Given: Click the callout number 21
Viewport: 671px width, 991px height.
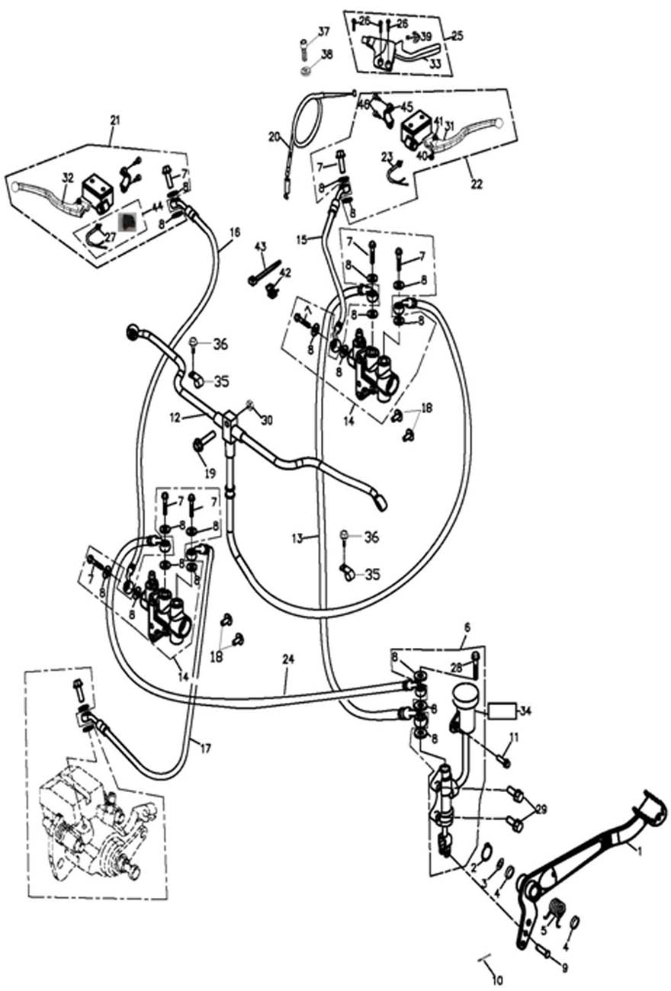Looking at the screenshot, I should (115, 120).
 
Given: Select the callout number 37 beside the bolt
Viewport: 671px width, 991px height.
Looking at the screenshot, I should (324, 31).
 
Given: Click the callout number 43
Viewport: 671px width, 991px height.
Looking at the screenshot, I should (260, 246).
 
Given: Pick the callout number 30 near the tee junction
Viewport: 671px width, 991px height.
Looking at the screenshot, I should (266, 420).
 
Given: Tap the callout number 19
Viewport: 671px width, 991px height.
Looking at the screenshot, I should (210, 473).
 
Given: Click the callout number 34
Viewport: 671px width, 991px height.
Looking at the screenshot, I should (525, 711).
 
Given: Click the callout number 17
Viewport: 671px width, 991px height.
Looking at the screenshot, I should (204, 748).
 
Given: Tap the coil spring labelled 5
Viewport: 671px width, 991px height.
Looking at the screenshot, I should (558, 908).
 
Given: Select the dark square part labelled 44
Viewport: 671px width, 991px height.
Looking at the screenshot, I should (129, 222).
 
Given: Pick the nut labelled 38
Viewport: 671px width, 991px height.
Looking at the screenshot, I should (305, 71).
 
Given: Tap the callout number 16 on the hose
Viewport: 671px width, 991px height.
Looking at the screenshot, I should (233, 231).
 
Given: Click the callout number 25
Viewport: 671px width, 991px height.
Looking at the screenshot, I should (457, 35).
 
